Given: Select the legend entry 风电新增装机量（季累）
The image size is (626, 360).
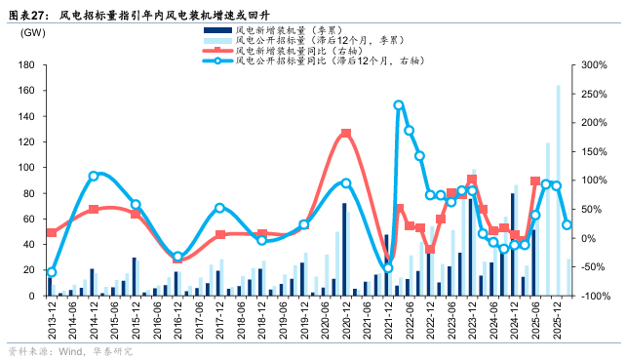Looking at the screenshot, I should (292, 31).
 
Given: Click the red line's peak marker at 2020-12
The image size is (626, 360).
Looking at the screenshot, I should (345, 134).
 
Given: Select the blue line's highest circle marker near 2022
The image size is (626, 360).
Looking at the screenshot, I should (399, 105).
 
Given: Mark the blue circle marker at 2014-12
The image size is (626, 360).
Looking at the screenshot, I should (94, 177).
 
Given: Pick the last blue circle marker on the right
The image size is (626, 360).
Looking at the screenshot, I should (567, 225).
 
